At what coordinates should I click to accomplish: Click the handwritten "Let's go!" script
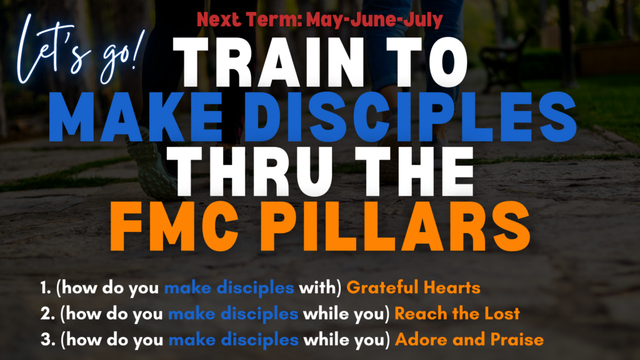(79, 51)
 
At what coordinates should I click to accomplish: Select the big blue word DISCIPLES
(410, 117)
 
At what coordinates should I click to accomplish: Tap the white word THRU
(252, 172)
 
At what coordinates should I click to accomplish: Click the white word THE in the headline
(414, 172)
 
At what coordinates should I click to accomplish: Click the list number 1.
(45, 287)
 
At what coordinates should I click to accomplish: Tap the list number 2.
(47, 314)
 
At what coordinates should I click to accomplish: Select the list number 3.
(47, 340)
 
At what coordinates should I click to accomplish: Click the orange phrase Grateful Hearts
(414, 287)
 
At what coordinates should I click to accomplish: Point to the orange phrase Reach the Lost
(457, 314)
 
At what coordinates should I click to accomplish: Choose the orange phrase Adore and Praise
(469, 340)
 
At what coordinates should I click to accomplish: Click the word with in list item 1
(317, 287)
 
